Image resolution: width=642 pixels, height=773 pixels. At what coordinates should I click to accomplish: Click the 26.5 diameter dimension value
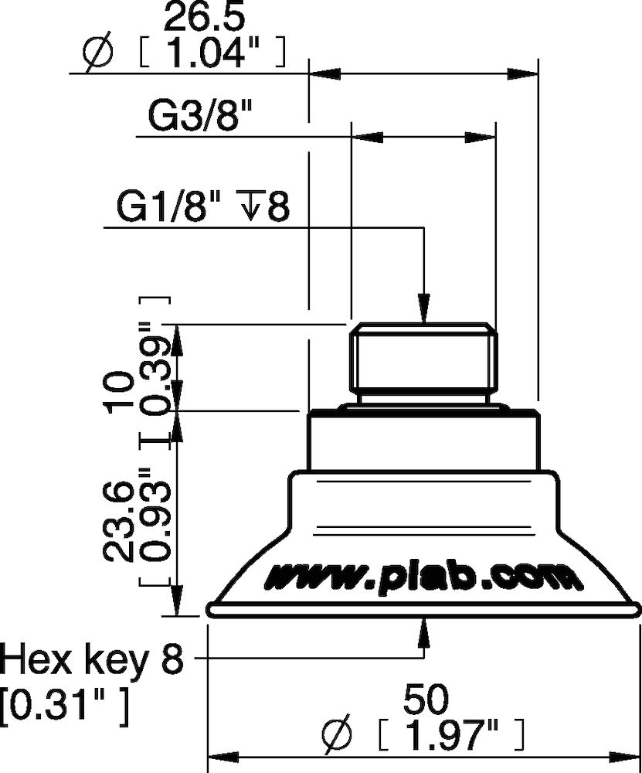click(x=201, y=17)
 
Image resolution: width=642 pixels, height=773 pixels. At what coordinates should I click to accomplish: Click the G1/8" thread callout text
click(x=169, y=208)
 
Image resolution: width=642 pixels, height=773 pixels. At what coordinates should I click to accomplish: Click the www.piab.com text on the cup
click(x=421, y=576)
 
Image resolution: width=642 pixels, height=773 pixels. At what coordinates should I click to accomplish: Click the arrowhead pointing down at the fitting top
click(x=423, y=307)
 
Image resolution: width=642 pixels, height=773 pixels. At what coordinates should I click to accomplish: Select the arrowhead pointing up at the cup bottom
click(x=423, y=631)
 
